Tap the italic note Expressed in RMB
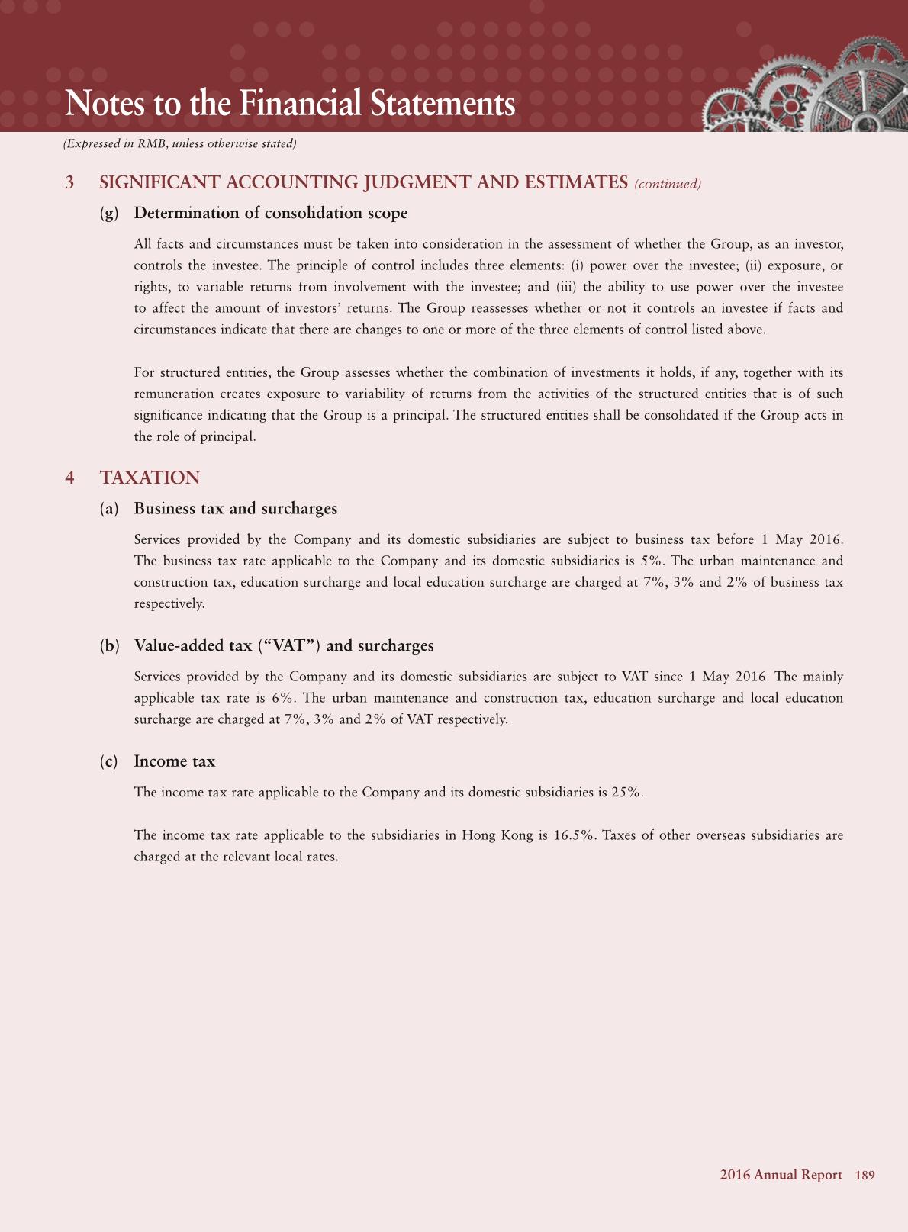pos(179,143)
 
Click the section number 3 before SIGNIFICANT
pos(70,183)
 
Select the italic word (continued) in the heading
pos(667,184)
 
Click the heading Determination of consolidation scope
pos(270,213)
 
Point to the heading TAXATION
pos(150,478)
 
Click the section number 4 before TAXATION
pos(70,478)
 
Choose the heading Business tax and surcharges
pos(235,509)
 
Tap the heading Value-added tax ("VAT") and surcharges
pos(283,646)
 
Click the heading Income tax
pos(174,761)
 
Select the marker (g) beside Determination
pos(110,213)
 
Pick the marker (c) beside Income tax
pos(109,761)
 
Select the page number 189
pos(865,1175)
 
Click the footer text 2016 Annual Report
pos(781,1175)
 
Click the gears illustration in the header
pos(801,88)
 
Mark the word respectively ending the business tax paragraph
pos(169,603)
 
